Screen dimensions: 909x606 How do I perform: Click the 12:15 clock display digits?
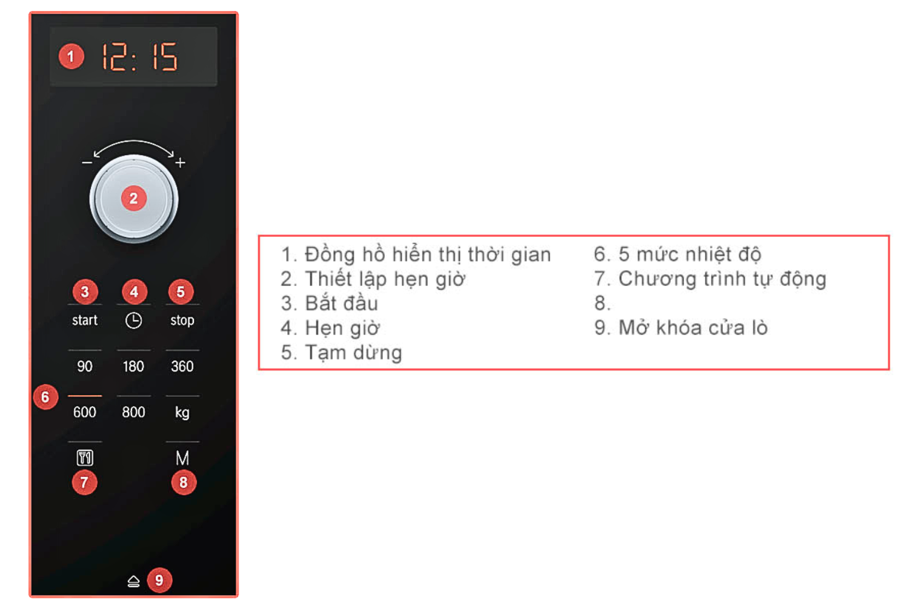click(139, 57)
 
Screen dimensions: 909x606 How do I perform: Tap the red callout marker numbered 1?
click(71, 56)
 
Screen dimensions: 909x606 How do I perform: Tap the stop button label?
click(182, 320)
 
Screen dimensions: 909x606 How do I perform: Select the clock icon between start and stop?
click(133, 321)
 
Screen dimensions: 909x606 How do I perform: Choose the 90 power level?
click(85, 367)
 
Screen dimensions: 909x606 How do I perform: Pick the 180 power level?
click(133, 367)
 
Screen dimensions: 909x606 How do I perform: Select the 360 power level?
click(182, 367)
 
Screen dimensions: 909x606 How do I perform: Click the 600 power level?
click(85, 413)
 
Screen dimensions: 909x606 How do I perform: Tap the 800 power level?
click(133, 413)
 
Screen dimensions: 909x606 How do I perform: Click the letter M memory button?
click(182, 458)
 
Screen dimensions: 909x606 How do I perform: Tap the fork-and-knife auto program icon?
click(85, 458)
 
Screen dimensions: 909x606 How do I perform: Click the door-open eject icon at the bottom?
click(133, 582)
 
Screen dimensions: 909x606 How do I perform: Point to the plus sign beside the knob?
click(181, 163)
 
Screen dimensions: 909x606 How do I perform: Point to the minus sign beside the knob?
click(87, 163)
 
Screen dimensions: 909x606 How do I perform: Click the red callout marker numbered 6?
click(45, 397)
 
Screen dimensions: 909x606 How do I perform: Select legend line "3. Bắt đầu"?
click(329, 303)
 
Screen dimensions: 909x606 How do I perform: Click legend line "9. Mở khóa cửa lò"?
click(681, 328)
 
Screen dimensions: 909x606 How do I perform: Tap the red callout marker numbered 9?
click(159, 580)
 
